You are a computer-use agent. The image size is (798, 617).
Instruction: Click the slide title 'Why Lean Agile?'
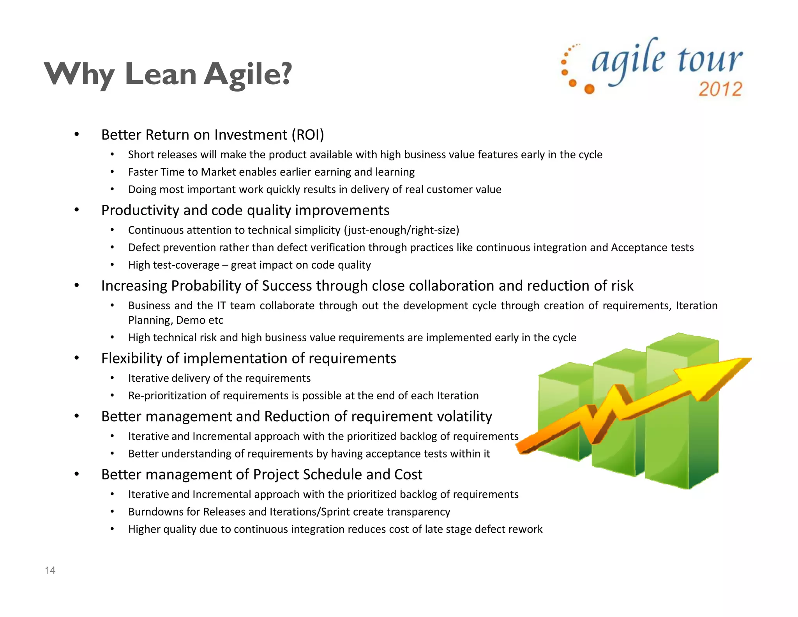[168, 74]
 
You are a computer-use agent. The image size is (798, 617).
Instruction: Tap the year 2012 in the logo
[720, 89]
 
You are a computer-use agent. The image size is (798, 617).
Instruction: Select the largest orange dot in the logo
[590, 89]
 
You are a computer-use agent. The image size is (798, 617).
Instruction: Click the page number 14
[50, 570]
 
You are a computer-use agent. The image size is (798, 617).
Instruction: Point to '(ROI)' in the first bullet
[307, 135]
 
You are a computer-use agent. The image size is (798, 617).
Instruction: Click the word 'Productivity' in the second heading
[140, 210]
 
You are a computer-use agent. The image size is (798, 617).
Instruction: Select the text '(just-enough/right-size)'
[401, 230]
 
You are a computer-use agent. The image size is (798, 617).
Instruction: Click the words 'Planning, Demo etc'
[176, 320]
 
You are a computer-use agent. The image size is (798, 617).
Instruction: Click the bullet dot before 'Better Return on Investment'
[77, 135]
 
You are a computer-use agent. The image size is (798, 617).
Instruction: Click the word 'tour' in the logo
[709, 60]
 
